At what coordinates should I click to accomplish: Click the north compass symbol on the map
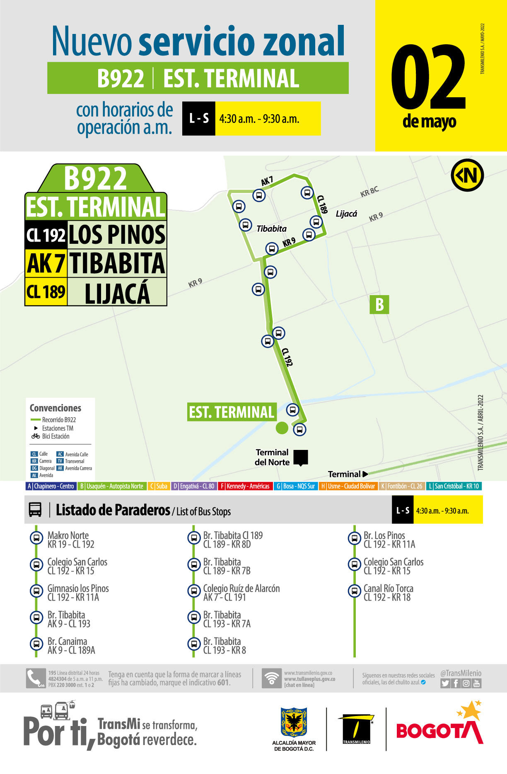467,175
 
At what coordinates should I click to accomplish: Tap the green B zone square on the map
379,305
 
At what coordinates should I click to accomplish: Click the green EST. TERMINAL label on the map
232,412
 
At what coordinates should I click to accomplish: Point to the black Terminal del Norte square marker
301,457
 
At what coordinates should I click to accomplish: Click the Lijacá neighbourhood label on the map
346,214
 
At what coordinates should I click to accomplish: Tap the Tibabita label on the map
271,229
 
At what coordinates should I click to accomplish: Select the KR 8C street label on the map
369,192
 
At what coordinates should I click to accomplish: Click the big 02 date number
429,77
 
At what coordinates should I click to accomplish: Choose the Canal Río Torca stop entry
388,593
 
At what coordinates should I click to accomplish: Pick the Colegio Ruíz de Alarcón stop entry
241,593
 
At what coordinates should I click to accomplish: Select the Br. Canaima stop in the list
71,646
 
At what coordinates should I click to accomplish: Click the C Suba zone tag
159,486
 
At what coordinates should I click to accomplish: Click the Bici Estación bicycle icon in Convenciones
36,436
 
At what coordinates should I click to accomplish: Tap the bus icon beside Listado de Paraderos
35,510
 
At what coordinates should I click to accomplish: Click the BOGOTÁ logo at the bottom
440,727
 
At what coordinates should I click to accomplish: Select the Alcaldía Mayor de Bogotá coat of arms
294,722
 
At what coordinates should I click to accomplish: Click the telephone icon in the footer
36,678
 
